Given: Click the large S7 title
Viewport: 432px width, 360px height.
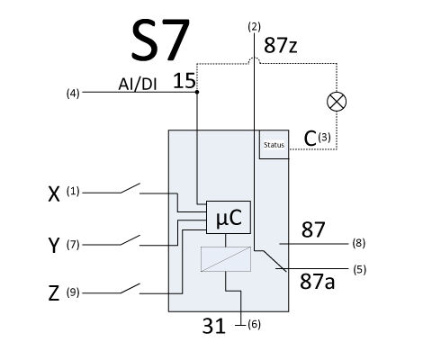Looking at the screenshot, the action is (160, 40).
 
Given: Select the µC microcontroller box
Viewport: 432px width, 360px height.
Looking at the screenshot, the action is (229, 217).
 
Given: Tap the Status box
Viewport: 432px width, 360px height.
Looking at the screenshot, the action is (274, 145).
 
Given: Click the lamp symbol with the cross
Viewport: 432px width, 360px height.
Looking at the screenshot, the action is (337, 102).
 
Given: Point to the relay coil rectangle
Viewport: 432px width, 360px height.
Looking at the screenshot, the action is (226, 259).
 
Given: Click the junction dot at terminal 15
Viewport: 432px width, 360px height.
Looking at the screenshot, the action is (197, 92).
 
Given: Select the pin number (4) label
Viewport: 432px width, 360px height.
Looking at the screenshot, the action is (73, 94).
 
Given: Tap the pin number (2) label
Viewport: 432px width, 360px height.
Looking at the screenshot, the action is (255, 27).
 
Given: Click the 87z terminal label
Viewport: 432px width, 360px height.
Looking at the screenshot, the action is (281, 46).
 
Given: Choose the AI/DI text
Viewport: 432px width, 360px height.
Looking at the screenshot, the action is (138, 84).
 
